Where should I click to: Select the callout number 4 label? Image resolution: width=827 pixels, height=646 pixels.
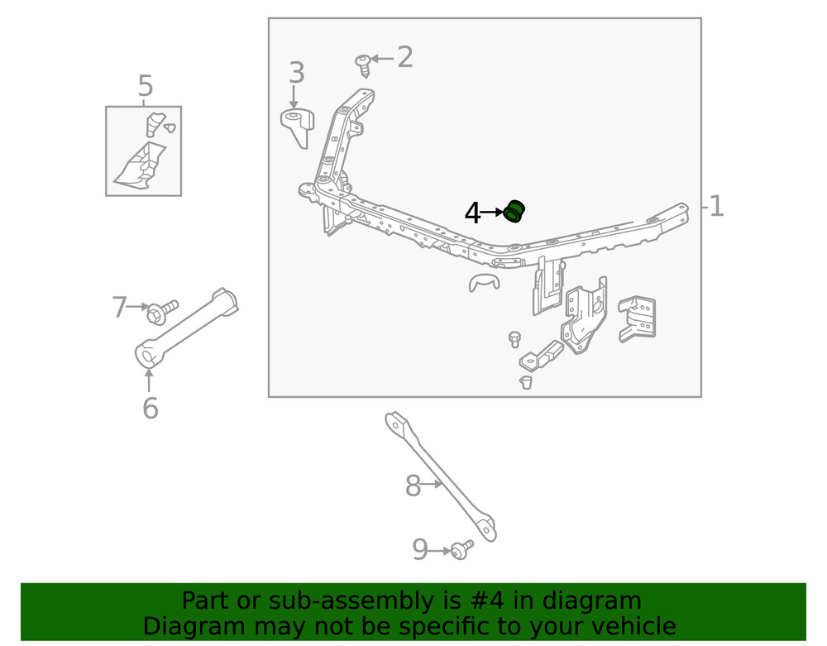click(x=472, y=213)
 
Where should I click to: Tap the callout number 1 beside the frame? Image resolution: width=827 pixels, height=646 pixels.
click(x=716, y=206)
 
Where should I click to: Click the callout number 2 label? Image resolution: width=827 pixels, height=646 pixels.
click(x=404, y=57)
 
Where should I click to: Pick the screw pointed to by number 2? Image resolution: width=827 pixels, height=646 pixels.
click(x=363, y=64)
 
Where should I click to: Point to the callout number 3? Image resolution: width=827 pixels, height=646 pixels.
click(x=296, y=74)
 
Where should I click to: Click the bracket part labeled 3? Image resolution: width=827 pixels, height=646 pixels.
click(x=298, y=127)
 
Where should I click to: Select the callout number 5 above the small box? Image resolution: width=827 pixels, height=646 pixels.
click(x=146, y=86)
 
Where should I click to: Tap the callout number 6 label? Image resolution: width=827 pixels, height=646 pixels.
click(x=150, y=408)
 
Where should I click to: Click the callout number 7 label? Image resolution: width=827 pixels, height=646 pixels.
click(x=120, y=308)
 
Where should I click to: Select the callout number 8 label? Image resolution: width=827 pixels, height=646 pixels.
click(x=413, y=486)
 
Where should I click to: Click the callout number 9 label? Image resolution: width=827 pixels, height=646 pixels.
click(x=420, y=549)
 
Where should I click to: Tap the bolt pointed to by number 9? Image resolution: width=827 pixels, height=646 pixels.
click(x=461, y=548)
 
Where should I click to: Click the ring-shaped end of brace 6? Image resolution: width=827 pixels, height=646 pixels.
click(x=147, y=356)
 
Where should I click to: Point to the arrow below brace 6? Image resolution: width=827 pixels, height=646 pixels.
click(x=149, y=381)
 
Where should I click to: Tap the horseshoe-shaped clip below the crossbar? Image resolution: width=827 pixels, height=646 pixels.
click(x=484, y=282)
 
